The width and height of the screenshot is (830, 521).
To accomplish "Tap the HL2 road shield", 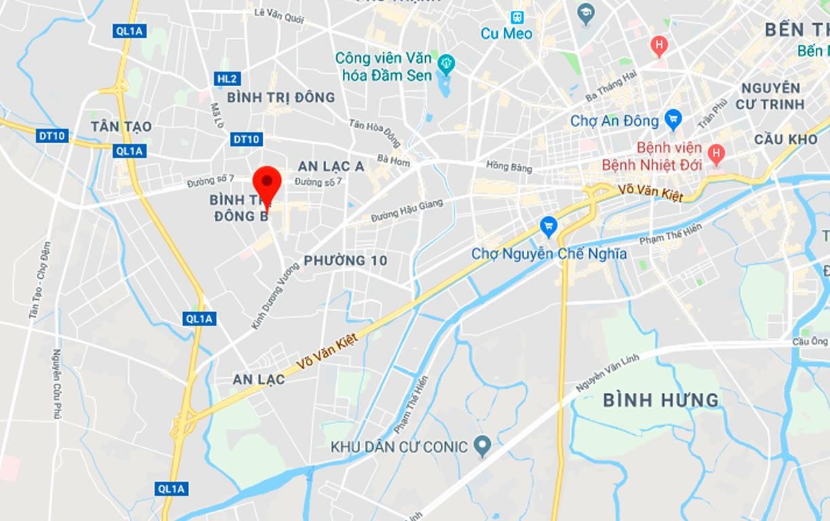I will point(227,79).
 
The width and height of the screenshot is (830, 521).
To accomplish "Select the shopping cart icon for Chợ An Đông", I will point(673,120).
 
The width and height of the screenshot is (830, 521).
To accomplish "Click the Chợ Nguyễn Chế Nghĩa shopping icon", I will point(549,226).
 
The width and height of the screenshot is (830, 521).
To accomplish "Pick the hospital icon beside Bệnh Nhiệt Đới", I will point(715,154).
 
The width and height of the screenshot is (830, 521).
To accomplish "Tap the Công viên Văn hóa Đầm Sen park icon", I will point(446,64).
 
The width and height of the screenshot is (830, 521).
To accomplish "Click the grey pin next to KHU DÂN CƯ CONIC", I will point(482,446).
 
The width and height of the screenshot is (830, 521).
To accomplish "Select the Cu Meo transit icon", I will point(518,17).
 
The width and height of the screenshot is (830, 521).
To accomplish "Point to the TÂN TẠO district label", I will point(122,127).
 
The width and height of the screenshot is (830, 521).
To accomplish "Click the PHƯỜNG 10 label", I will point(345,260).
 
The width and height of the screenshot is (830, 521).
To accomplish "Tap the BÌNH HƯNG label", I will point(661,400).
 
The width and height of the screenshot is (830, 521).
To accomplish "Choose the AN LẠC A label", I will point(331,166).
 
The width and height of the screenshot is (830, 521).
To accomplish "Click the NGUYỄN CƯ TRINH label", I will point(772,96).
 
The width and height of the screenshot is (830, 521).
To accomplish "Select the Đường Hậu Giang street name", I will point(407,210).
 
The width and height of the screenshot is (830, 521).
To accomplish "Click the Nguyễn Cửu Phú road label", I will point(57,383).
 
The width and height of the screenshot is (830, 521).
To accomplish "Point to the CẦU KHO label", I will point(785,139).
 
